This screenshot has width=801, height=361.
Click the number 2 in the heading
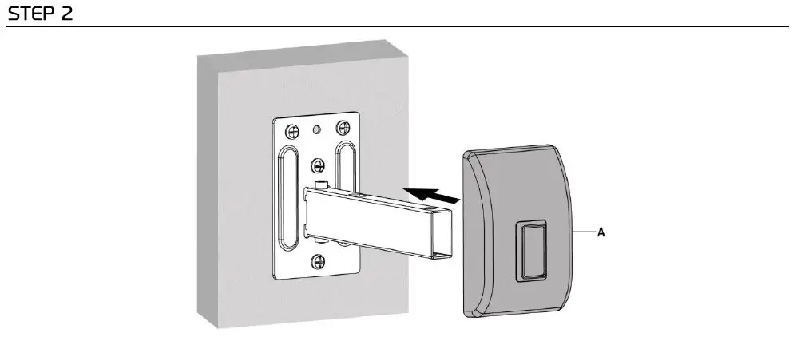point(66,14)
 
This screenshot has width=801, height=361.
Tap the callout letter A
point(601,232)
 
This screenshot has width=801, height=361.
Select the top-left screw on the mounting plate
point(291,129)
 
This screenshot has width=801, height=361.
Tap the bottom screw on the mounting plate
point(318,260)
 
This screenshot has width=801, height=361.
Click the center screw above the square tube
point(319,166)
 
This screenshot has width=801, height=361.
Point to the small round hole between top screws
point(317,128)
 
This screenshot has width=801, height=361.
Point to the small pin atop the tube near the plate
point(323,185)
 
